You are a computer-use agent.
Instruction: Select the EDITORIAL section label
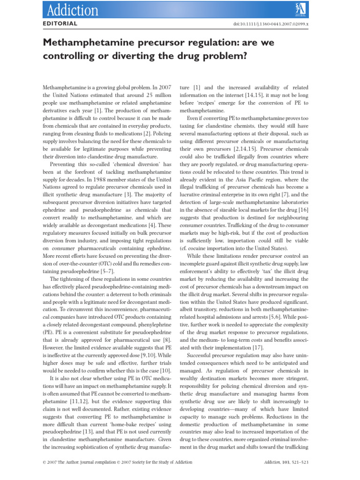60,23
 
